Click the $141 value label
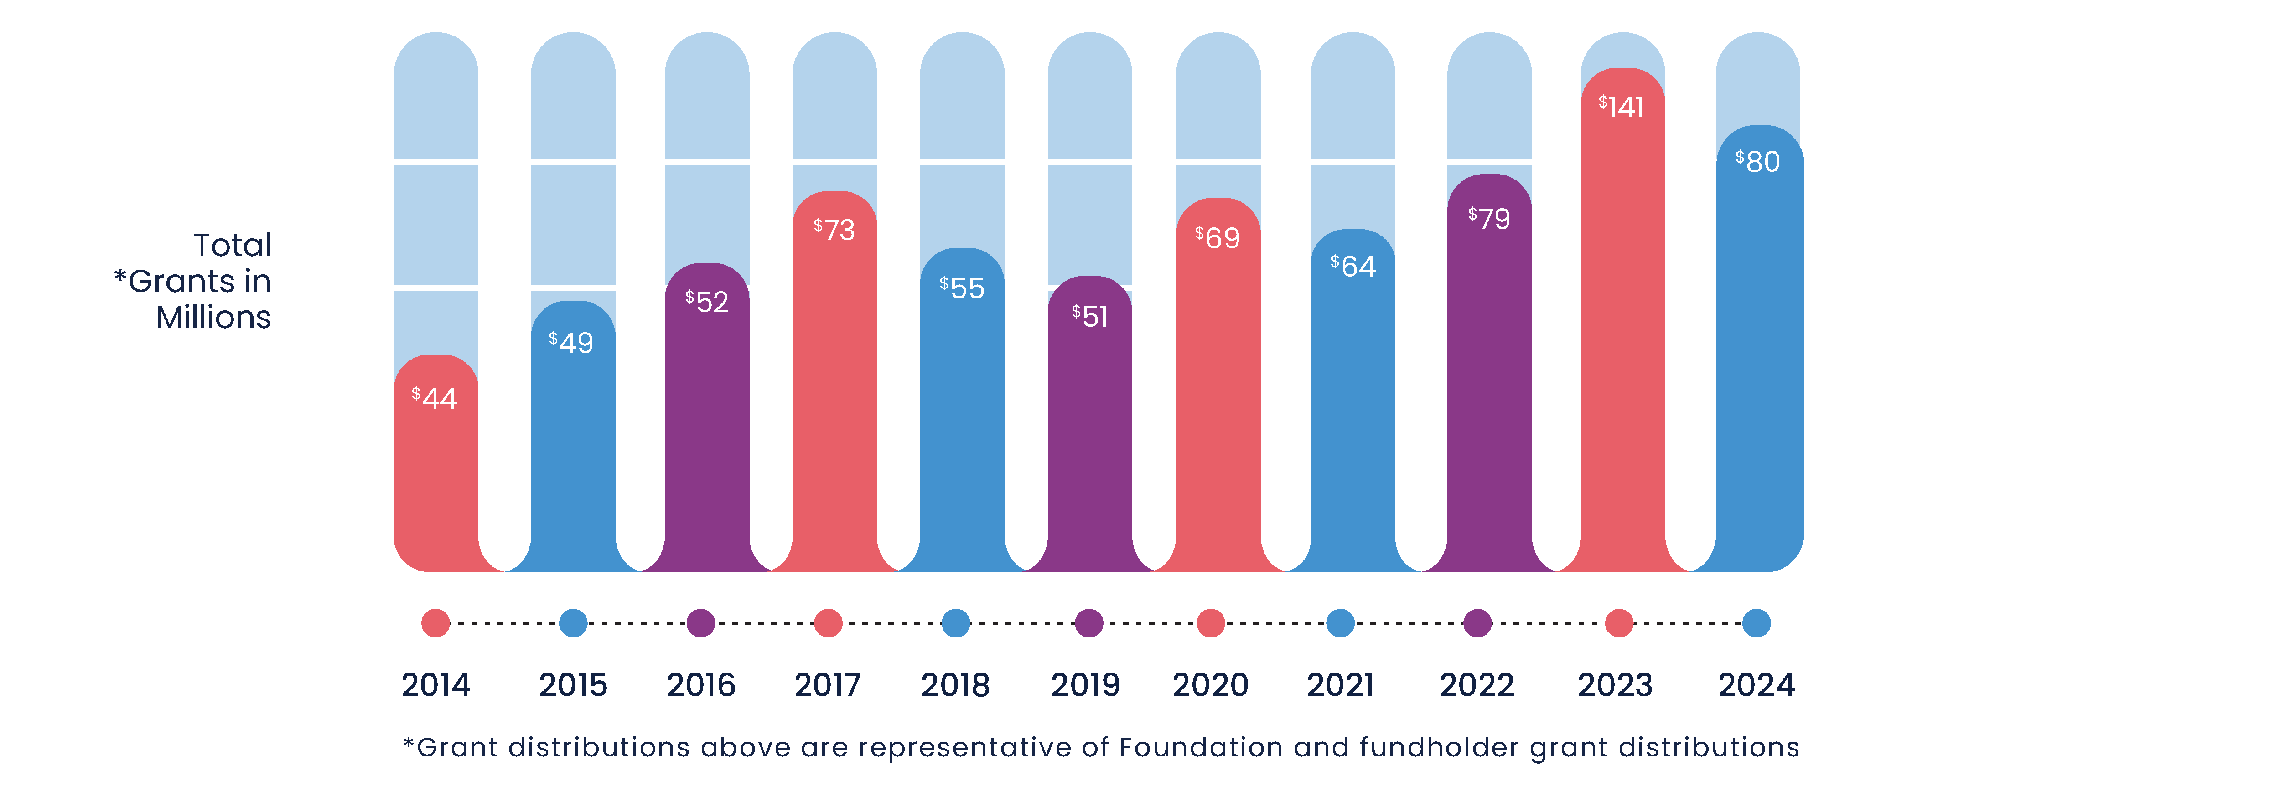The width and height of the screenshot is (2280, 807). (x=1622, y=107)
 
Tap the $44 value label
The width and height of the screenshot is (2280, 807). (x=435, y=398)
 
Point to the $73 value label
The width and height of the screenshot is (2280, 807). (x=834, y=230)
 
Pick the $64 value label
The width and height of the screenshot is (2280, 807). (x=1353, y=267)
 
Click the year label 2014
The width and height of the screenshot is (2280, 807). (x=435, y=685)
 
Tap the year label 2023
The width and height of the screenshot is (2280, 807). (x=1615, y=685)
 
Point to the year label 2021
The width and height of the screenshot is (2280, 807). (x=1340, y=685)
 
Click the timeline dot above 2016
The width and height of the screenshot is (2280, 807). (x=701, y=623)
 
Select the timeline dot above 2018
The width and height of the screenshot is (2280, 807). (x=956, y=623)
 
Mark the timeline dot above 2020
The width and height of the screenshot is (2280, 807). (x=1211, y=623)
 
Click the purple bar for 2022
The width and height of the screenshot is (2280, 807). (x=1489, y=398)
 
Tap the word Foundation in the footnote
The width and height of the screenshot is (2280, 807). (x=1200, y=748)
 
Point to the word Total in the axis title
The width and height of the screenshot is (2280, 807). (x=233, y=245)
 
